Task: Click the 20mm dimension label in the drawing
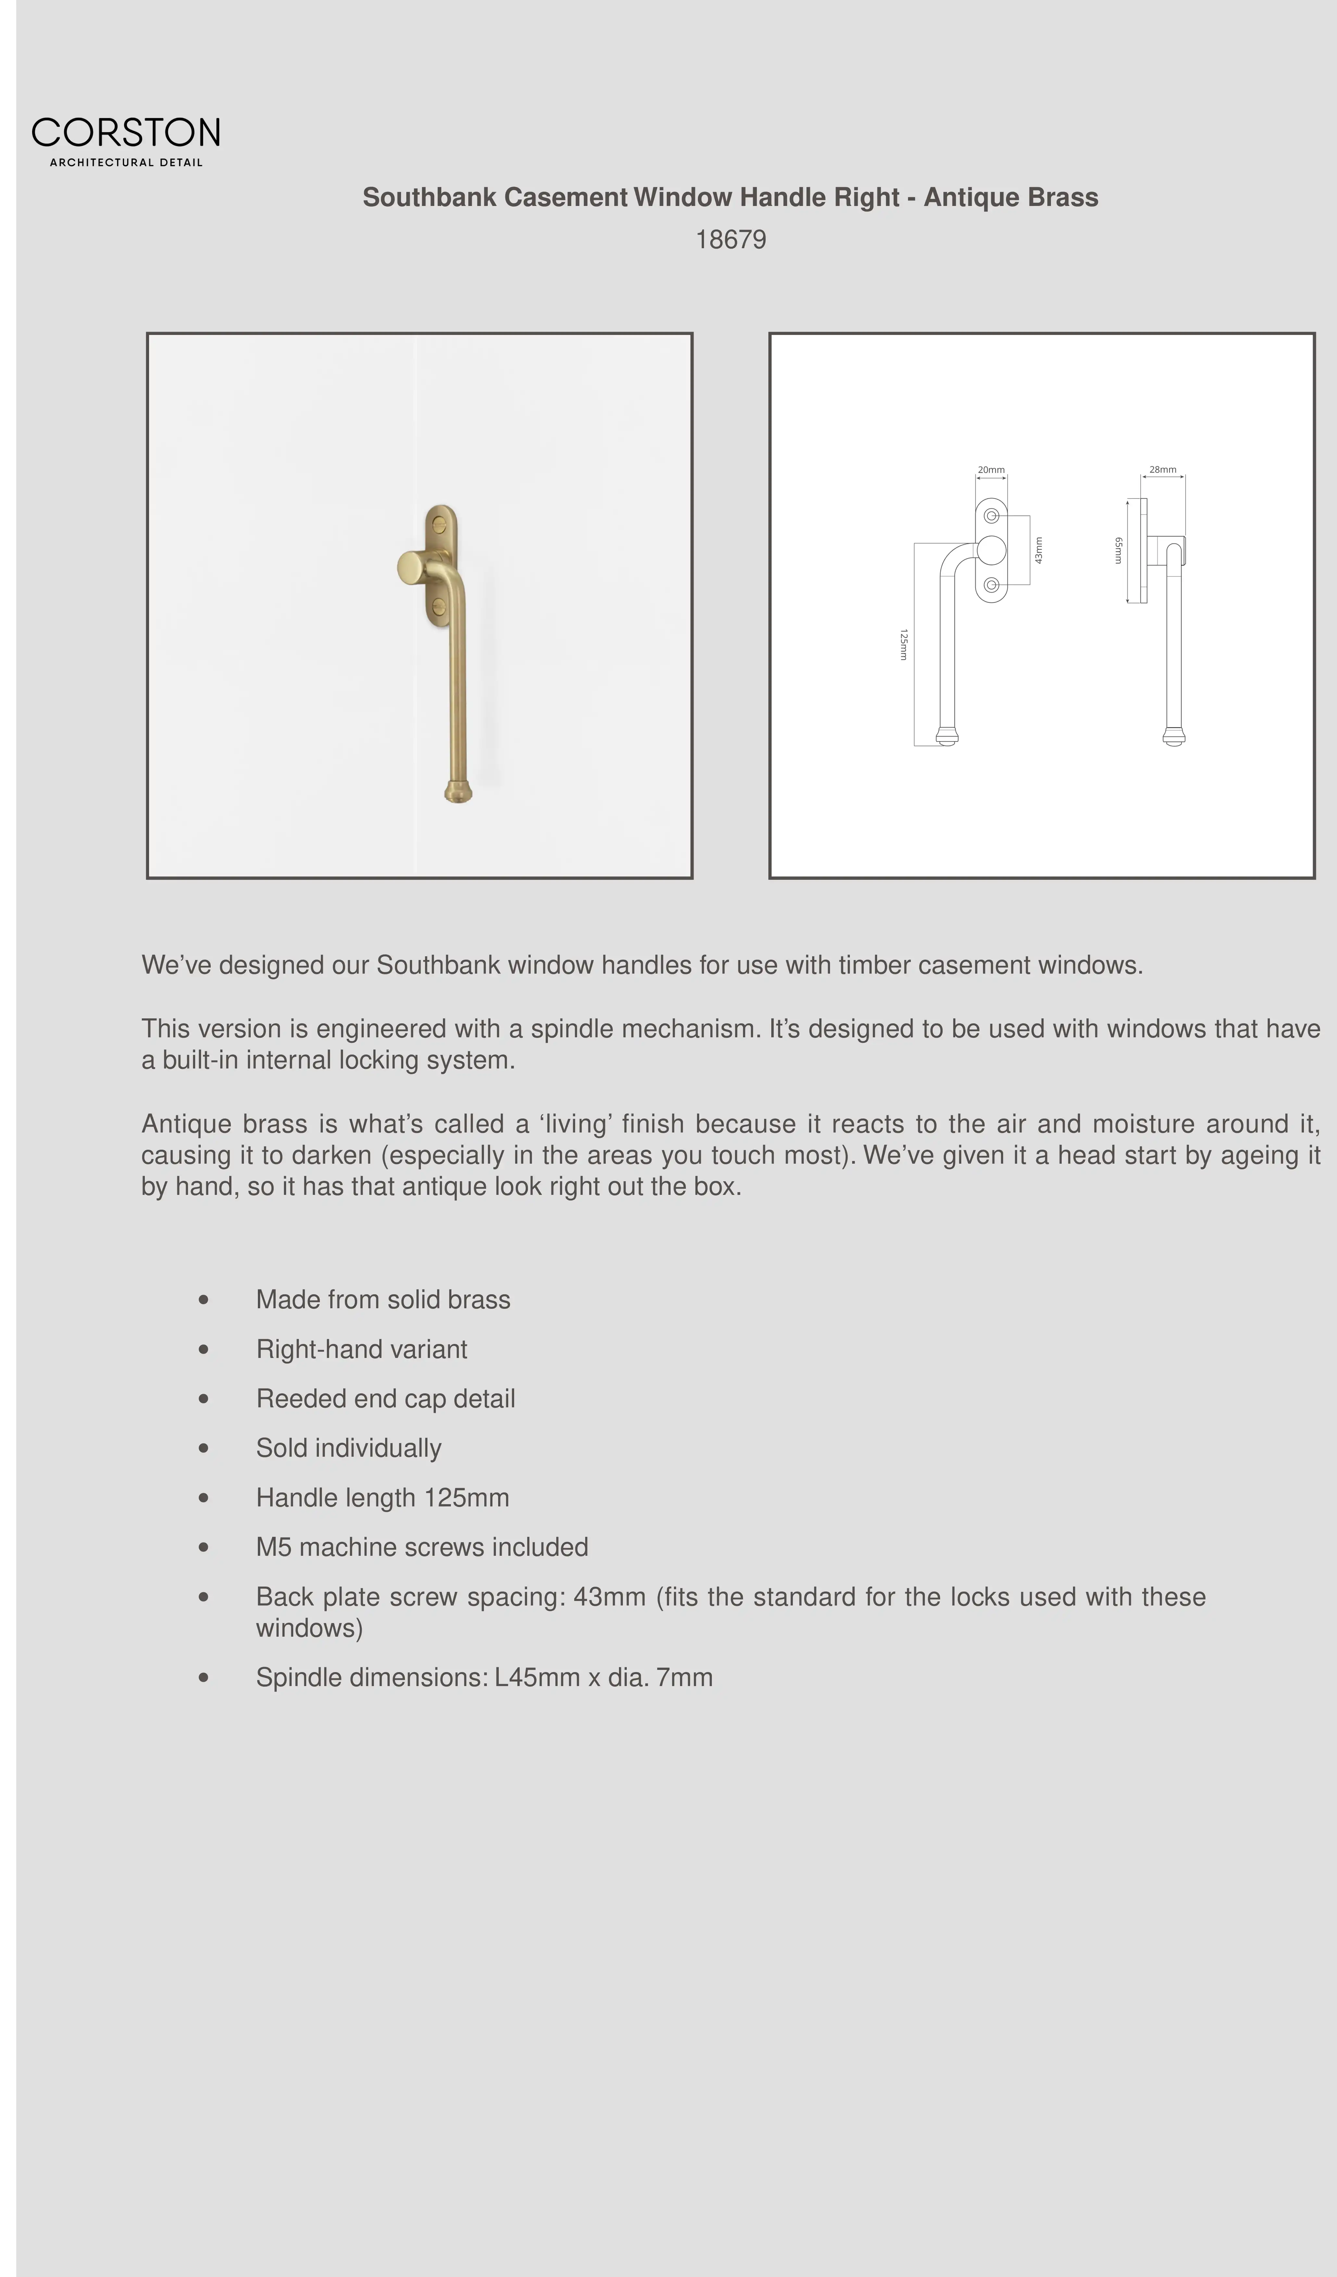[991, 470]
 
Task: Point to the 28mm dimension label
[1163, 470]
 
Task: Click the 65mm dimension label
[1118, 550]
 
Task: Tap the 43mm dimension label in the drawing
[1039, 550]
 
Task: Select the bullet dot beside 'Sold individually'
[203, 1449]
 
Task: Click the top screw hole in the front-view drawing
[991, 516]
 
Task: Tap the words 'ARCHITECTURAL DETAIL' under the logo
[126, 163]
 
